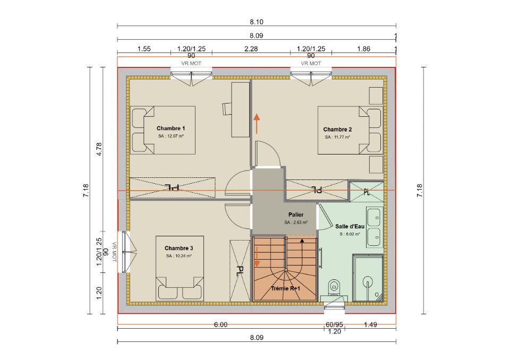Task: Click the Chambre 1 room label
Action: (171, 128)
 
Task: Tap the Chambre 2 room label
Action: (337, 130)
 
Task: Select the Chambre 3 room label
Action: (178, 248)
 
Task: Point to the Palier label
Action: (296, 215)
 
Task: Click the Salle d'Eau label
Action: (350, 226)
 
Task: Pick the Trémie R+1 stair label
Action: (285, 288)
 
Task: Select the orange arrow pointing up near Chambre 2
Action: (257, 124)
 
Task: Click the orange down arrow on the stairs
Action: (257, 257)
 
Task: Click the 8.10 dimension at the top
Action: (257, 22)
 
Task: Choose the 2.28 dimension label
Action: (251, 49)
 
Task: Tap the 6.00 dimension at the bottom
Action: (220, 324)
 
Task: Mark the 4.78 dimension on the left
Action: (99, 149)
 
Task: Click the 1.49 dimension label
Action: (370, 324)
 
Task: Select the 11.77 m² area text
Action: (338, 137)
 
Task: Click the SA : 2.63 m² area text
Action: (296, 222)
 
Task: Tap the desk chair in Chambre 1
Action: (227, 108)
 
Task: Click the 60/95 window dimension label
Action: (334, 324)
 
